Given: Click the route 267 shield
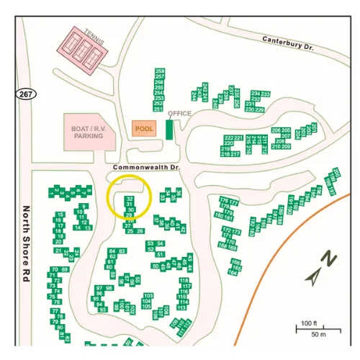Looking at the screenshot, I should (24, 94).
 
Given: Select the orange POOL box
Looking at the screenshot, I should (145, 128).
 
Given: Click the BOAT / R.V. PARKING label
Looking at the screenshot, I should (89, 131).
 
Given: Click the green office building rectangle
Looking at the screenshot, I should (170, 130).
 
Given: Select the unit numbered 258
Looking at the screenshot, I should (160, 71).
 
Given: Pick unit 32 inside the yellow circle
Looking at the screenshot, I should (129, 198).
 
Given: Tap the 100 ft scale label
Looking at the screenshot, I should (308, 323).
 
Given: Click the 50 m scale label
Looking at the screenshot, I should (318, 335).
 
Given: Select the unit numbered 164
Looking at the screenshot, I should (233, 272).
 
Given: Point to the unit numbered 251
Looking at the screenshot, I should (160, 109).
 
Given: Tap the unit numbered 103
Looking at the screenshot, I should (148, 296).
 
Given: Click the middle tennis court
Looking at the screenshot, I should (85, 49).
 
